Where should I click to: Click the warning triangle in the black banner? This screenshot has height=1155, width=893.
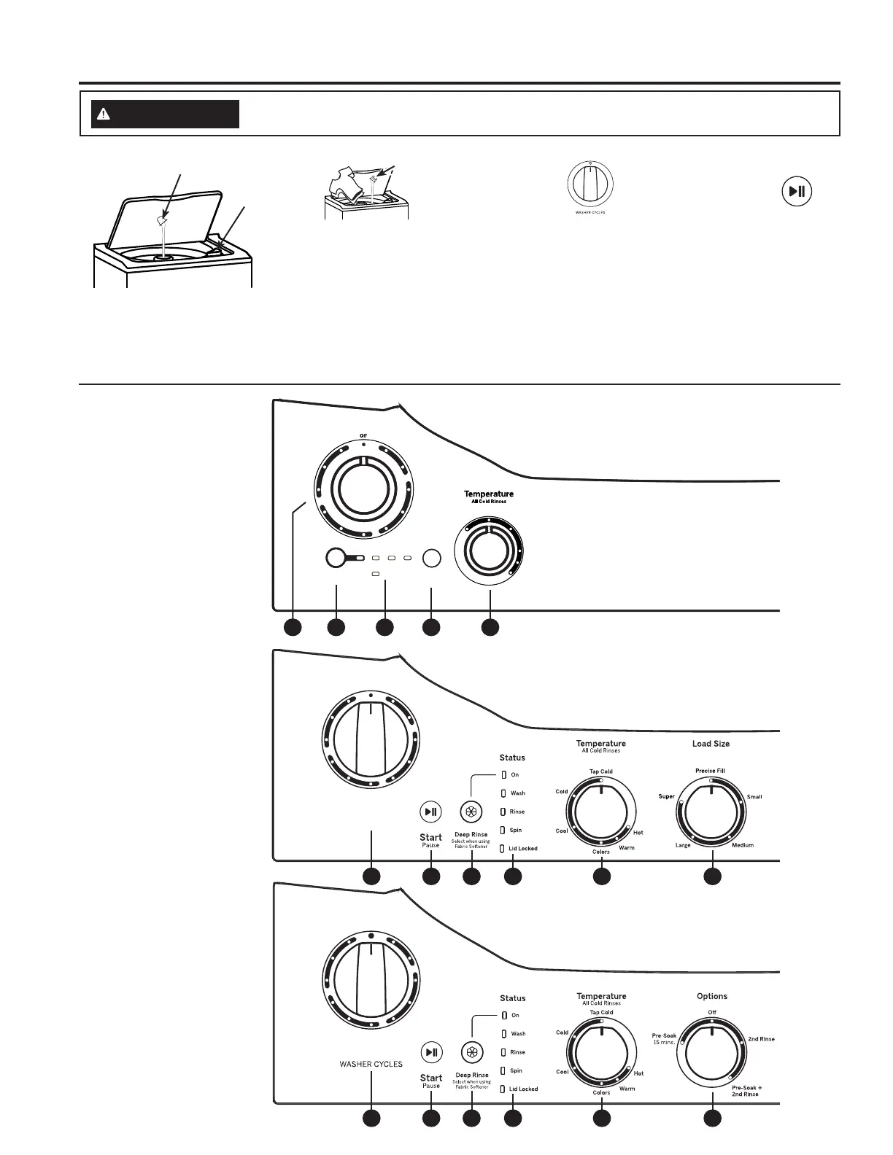click(104, 114)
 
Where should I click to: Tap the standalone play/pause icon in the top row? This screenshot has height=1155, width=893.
click(797, 192)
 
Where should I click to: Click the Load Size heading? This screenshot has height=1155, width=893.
click(711, 744)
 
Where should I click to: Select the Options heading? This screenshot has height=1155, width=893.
click(711, 996)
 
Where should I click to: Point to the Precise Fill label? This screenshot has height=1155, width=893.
click(710, 771)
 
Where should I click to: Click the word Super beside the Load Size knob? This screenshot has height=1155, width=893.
click(666, 796)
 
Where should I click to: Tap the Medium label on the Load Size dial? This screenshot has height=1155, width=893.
click(743, 845)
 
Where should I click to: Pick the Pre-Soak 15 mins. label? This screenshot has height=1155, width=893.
click(664, 1038)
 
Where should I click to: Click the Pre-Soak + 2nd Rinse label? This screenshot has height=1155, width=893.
click(746, 1091)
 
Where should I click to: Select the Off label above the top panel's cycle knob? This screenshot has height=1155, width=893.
click(363, 436)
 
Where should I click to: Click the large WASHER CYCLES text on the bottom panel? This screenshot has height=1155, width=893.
click(371, 1064)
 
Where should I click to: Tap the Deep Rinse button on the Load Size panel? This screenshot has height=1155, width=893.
click(471, 812)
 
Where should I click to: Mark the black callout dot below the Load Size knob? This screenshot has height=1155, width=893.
click(712, 876)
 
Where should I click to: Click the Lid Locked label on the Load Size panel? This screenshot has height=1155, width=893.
click(522, 849)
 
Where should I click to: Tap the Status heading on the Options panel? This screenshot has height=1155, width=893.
click(512, 998)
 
